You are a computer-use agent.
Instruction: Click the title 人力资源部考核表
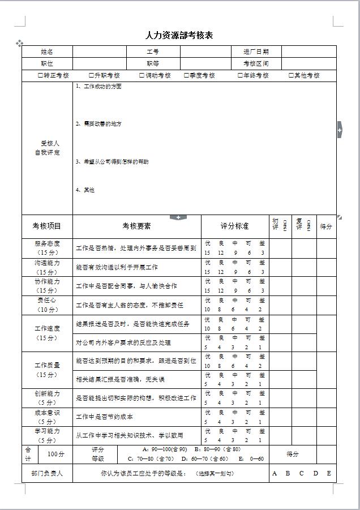[179, 36]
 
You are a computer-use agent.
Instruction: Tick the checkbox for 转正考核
[40, 76]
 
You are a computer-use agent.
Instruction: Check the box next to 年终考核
[240, 76]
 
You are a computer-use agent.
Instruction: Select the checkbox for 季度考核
[186, 76]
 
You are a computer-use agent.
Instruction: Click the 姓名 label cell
[47, 52]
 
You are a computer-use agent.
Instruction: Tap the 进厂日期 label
[256, 52]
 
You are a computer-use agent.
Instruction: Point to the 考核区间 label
[256, 64]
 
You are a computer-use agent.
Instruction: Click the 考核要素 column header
[136, 226]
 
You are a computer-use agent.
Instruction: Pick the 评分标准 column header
[234, 226]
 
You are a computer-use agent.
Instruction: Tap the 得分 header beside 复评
[326, 226]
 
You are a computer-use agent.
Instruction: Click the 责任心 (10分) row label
[47, 305]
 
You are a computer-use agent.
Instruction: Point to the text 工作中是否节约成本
[105, 417]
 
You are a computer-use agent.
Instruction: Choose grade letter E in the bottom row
[329, 474]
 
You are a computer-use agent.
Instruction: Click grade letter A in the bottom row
[275, 474]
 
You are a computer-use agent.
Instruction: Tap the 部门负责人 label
[47, 474]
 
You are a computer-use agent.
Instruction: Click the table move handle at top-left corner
[19, 43]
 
